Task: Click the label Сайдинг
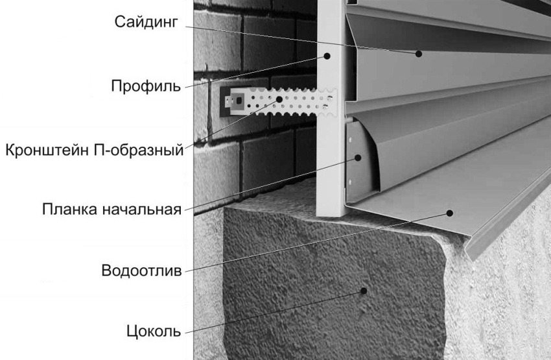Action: pos(147,22)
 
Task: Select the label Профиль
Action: pos(146,86)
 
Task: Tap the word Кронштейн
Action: pos(47,150)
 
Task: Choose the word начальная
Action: pos(142,210)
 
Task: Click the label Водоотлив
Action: pos(141,270)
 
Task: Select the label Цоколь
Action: pos(154,331)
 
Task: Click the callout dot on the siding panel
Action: pos(419,54)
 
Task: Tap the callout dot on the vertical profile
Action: pos(327,56)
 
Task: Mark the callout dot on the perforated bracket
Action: pos(279,99)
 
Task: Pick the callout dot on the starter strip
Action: pos(358,158)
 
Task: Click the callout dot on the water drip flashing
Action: pos(450,213)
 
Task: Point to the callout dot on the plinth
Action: pos(364,291)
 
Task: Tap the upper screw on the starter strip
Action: pos(350,140)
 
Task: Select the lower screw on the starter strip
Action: pos(349,182)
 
